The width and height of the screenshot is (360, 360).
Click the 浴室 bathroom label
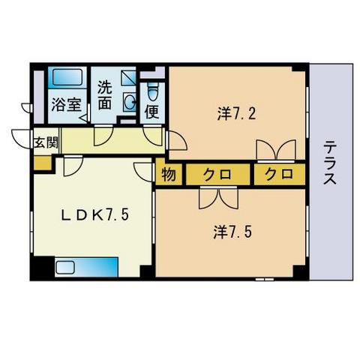click(66, 105)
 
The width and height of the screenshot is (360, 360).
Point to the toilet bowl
click(153, 91)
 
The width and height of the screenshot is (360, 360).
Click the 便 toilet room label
click(151, 113)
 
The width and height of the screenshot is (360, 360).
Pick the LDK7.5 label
click(95, 215)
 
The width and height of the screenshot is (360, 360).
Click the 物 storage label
click(168, 175)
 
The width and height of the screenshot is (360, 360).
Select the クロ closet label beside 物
click(216, 175)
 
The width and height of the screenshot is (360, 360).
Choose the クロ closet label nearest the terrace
click(278, 175)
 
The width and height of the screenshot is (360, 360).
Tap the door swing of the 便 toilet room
click(154, 136)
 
